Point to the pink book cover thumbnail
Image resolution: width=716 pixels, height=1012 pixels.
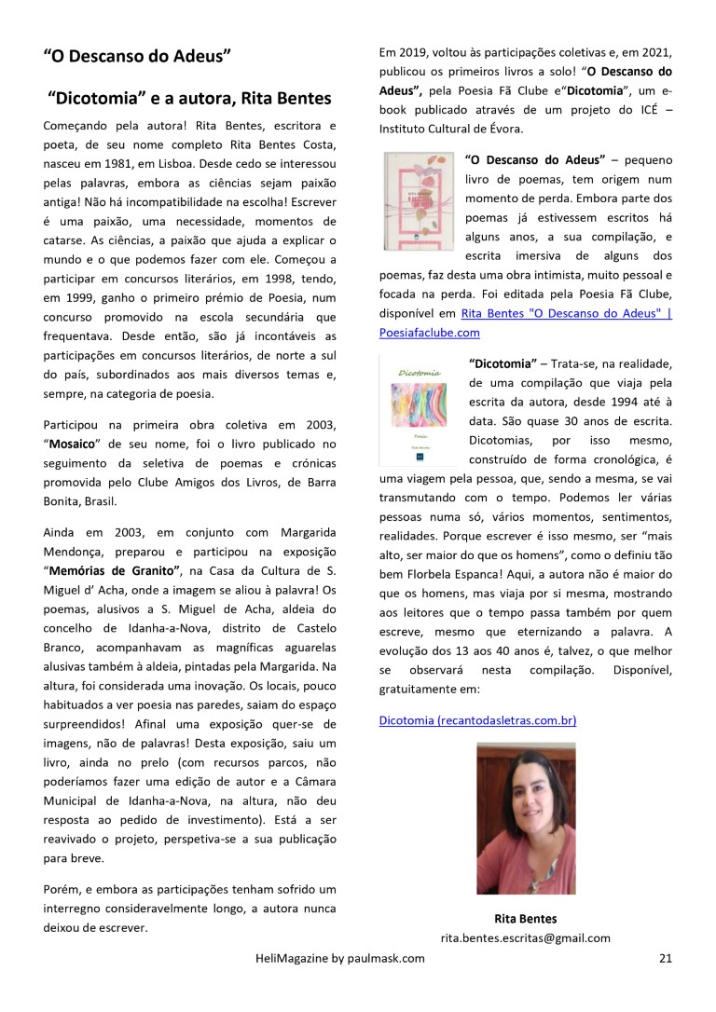pyautogui.click(x=418, y=201)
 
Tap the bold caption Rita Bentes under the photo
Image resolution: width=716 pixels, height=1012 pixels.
pyautogui.click(x=525, y=919)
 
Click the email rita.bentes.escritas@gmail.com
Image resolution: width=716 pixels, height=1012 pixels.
pyautogui.click(x=525, y=938)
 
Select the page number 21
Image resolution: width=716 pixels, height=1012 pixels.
pyautogui.click(x=666, y=958)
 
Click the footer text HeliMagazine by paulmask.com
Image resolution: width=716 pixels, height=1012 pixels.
pyautogui.click(x=339, y=958)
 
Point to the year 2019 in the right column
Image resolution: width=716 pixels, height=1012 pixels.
pyautogui.click(x=416, y=52)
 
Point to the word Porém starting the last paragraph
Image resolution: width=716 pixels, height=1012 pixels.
pyautogui.click(x=63, y=889)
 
